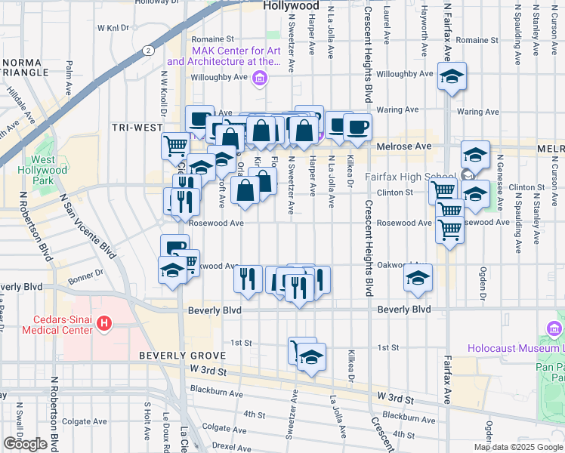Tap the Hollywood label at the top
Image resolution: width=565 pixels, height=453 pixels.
click(292, 5)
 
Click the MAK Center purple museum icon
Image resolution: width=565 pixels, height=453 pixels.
click(259, 77)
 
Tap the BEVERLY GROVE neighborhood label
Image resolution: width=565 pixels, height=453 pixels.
click(182, 355)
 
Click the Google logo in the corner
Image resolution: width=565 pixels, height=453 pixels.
click(25, 444)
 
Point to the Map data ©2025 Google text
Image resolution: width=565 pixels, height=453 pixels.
click(517, 447)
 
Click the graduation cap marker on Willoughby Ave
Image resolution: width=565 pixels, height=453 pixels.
click(452, 77)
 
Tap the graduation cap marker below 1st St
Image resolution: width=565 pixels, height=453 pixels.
click(310, 358)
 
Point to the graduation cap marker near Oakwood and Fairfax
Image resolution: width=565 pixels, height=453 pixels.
click(418, 277)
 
